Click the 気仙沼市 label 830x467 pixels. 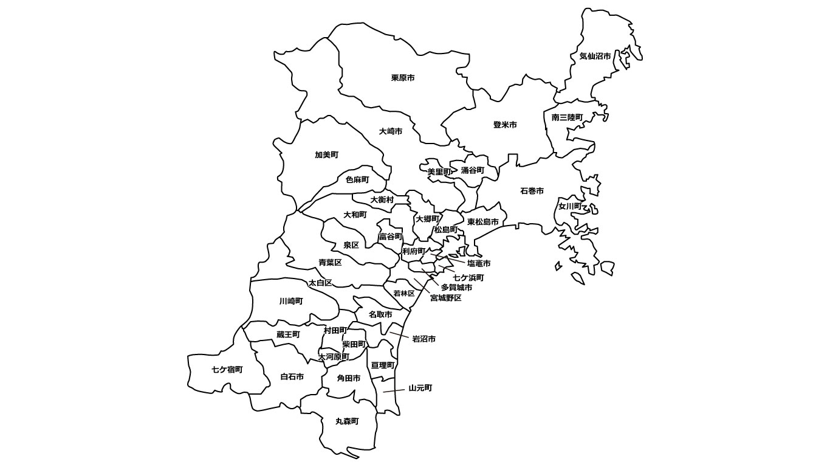(595, 56)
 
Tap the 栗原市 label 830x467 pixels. (403, 78)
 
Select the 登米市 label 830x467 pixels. (505, 125)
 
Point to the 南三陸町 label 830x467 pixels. (567, 117)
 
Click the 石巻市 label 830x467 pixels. (532, 191)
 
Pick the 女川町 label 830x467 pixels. (570, 206)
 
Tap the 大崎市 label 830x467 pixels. (390, 131)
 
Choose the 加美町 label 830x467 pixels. (326, 155)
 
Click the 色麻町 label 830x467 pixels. (357, 180)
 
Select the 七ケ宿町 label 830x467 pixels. (227, 370)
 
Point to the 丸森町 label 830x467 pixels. (347, 421)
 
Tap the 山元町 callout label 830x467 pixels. (420, 388)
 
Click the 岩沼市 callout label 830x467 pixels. (424, 339)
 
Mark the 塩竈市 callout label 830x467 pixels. (479, 263)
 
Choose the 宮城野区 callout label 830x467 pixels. (445, 298)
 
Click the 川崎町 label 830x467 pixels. (291, 301)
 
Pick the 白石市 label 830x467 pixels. (292, 377)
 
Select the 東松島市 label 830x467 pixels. (482, 223)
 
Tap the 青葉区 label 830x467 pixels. (330, 263)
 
